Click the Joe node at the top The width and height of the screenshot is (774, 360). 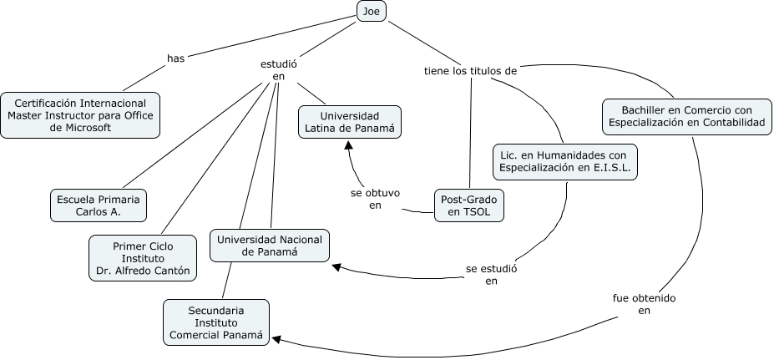pos(371,11)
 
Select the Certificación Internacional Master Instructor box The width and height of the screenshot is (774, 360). pos(80,113)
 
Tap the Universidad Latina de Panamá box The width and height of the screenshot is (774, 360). pos(350,122)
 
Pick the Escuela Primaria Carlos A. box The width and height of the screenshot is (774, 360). pos(99,205)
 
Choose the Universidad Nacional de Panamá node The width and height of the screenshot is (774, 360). pos(270,246)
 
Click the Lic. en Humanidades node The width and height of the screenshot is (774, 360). pos(565,161)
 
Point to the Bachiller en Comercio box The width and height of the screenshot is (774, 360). pos(687,116)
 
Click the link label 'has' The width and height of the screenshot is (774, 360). pos(175,58)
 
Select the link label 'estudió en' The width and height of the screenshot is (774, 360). pos(279,70)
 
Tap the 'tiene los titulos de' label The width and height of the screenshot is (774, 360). pos(471,71)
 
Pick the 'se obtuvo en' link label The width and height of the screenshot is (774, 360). pos(375,199)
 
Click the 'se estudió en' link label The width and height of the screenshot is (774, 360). pos(492,275)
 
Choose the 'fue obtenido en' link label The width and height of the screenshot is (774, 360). pos(643,304)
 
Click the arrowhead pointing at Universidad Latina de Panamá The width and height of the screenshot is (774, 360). pos(350,145)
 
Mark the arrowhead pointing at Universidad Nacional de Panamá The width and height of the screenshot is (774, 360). pos(336,266)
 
